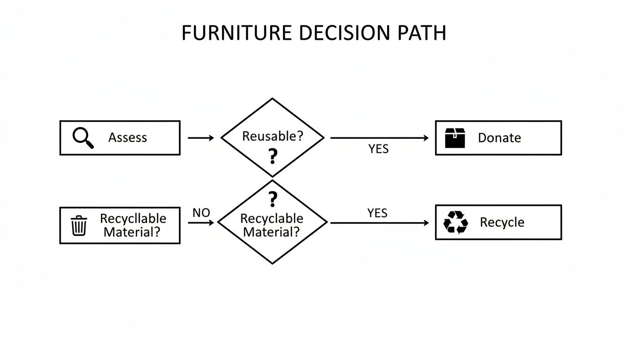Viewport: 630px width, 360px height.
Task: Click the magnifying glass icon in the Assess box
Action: click(x=83, y=138)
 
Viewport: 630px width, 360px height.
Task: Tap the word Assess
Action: click(x=127, y=138)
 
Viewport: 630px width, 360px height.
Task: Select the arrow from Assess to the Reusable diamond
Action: click(x=201, y=138)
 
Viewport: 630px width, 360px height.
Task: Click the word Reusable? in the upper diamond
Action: click(x=272, y=136)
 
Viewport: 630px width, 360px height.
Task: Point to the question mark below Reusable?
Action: click(x=272, y=156)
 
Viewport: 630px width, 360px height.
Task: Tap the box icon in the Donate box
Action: click(x=455, y=138)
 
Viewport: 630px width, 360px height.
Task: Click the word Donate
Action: click(x=499, y=138)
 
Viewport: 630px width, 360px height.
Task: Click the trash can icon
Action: click(x=79, y=225)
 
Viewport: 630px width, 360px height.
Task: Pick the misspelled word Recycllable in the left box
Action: click(x=133, y=219)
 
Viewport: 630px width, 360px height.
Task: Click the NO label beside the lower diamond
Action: click(x=201, y=213)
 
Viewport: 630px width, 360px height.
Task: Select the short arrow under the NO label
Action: click(x=201, y=223)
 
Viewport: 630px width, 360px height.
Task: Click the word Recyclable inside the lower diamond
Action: click(x=271, y=219)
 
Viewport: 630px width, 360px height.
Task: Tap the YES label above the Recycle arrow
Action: click(x=377, y=213)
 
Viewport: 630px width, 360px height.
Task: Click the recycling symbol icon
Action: click(x=456, y=222)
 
